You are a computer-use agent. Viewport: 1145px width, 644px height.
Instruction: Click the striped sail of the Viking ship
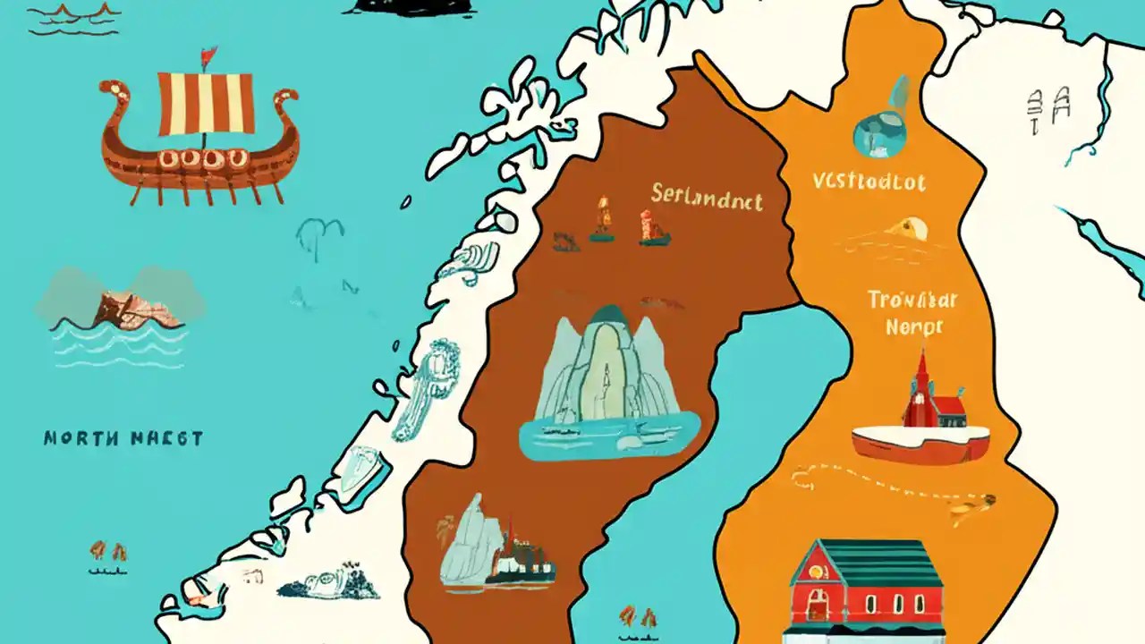pyautogui.click(x=205, y=102)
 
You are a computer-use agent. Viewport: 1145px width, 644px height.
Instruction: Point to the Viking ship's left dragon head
pyautogui.click(x=113, y=90)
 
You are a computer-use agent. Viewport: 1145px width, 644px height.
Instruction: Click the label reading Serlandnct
pyautogui.click(x=707, y=196)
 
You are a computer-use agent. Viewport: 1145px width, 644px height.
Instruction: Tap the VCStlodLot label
pyautogui.click(x=869, y=182)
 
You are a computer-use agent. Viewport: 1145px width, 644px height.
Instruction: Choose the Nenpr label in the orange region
pyautogui.click(x=913, y=327)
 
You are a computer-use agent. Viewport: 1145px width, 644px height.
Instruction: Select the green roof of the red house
pyautogui.click(x=866, y=563)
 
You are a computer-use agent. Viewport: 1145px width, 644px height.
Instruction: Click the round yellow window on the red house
pyautogui.click(x=817, y=568)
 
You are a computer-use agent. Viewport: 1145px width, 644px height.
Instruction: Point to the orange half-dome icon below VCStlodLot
pyautogui.click(x=910, y=231)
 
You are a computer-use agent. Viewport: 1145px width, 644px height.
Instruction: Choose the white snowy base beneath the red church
pyautogui.click(x=920, y=441)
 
